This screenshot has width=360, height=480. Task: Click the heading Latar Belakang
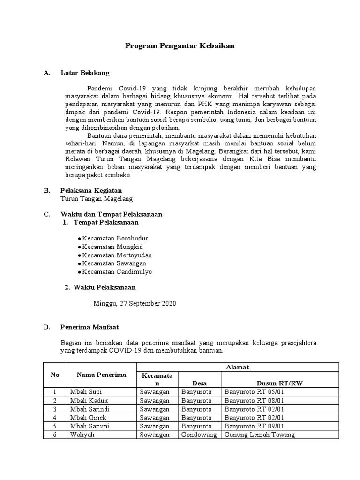pos(85,73)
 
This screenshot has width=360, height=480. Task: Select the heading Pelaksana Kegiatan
pos(91,190)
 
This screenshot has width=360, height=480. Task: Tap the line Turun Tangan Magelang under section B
pos(97,199)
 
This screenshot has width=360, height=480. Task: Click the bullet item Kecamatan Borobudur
pos(115,238)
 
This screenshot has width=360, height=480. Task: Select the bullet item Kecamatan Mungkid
pos(112,247)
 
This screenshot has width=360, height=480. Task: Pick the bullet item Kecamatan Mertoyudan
pos(117,255)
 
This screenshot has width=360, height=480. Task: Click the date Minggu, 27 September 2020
pos(135,303)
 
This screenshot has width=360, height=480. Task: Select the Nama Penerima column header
pos(102,375)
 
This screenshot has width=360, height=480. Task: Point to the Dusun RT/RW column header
pos(280,383)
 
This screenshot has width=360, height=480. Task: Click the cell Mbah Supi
pos(86,392)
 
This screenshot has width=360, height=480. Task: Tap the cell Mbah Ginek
pos(88,417)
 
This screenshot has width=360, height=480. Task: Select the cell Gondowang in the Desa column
pos(199,435)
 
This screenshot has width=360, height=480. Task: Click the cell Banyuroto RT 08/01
pos(254,400)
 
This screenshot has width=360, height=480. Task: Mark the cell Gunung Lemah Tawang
pos(260,435)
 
